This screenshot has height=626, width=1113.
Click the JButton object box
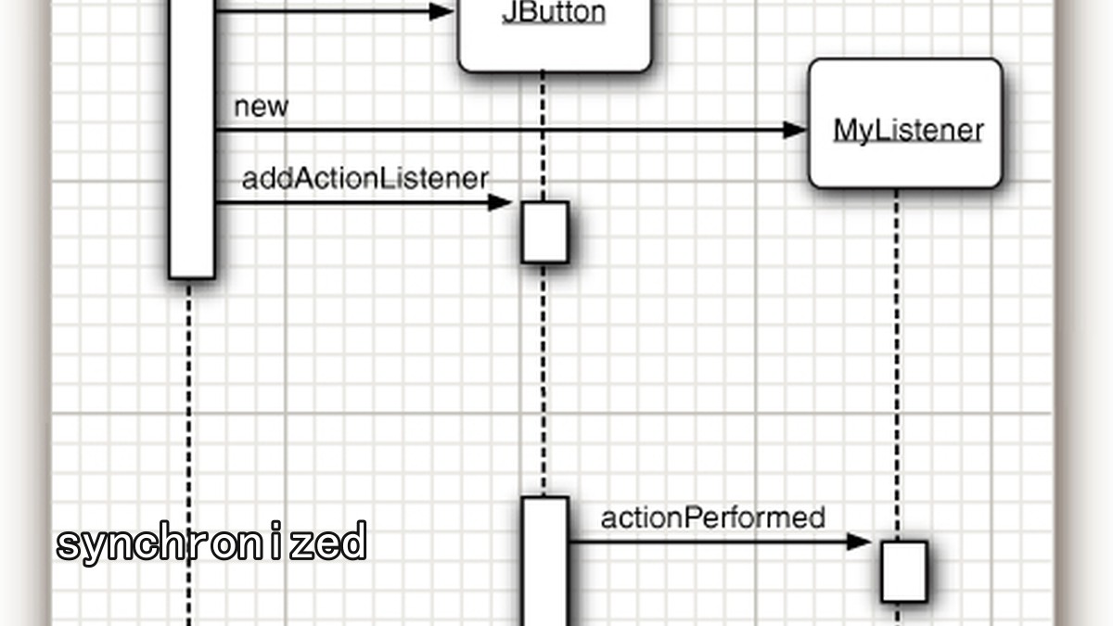pyautogui.click(x=555, y=36)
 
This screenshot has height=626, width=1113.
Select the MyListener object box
pyautogui.click(x=905, y=123)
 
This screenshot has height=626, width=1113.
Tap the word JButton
pyautogui.click(x=554, y=12)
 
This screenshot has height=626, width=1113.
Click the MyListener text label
pyautogui.click(x=908, y=131)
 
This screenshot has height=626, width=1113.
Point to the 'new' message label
pyautogui.click(x=261, y=107)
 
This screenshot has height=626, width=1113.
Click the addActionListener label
pyautogui.click(x=365, y=179)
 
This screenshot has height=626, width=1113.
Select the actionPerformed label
pyautogui.click(x=713, y=517)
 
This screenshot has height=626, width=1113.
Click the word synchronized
pyautogui.click(x=211, y=543)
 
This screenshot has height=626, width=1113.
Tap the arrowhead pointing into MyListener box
pyautogui.click(x=795, y=130)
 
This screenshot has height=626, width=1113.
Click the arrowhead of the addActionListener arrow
pyautogui.click(x=500, y=203)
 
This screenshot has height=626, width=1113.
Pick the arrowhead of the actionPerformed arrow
pyautogui.click(x=859, y=542)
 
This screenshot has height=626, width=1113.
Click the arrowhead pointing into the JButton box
pyautogui.click(x=441, y=11)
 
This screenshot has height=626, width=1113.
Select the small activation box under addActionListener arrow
pyautogui.click(x=545, y=232)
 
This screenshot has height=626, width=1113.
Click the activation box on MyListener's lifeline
pyautogui.click(x=904, y=572)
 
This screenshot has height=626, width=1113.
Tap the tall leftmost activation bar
pyautogui.click(x=192, y=139)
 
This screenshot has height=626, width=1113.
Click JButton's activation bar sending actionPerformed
pyautogui.click(x=545, y=561)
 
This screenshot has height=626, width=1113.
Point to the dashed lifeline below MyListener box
pyautogui.click(x=897, y=365)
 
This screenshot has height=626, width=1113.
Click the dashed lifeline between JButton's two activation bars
pyautogui.click(x=544, y=379)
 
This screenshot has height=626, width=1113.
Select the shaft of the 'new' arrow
pyautogui.click(x=499, y=130)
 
